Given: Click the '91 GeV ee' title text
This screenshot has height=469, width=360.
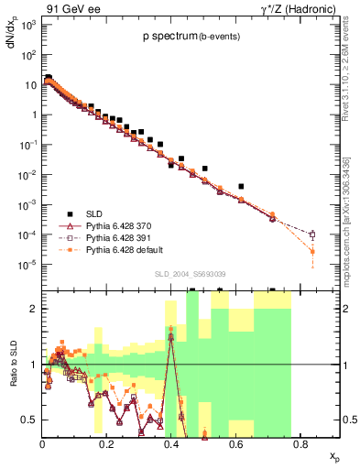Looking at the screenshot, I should [72, 8].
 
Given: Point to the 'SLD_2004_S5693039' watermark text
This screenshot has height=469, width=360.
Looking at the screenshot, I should [190, 274].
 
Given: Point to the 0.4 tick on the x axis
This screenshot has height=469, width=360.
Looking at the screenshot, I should [171, 442].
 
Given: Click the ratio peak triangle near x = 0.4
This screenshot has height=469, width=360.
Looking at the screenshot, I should [171, 336].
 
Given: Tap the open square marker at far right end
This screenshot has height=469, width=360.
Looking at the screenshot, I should [312, 234].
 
